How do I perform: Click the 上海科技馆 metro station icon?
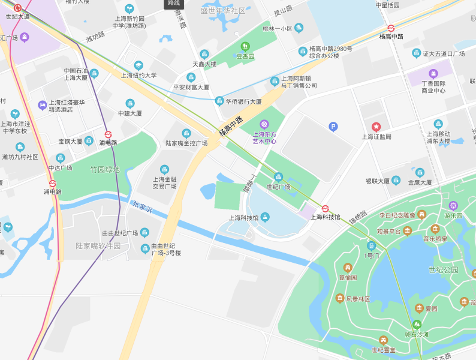click(x=326, y=208)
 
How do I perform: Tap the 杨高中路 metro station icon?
click(x=391, y=28)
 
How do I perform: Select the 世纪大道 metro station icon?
click(x=17, y=8)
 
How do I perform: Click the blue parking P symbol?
click(x=333, y=126)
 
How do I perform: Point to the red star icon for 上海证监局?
click(x=376, y=127)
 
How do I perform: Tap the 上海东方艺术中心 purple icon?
click(x=264, y=124)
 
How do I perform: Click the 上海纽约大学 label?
click(x=138, y=76)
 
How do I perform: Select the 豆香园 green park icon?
click(x=245, y=47)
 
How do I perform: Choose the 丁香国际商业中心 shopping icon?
click(x=433, y=73)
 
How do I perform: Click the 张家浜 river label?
click(x=143, y=208)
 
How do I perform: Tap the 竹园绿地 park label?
click(x=105, y=170)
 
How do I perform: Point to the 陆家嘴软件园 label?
click(x=98, y=246)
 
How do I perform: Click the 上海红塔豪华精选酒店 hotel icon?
click(x=42, y=105)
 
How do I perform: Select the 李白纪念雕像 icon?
click(x=422, y=214)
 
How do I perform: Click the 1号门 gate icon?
click(x=372, y=245)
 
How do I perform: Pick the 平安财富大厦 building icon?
click(x=191, y=77)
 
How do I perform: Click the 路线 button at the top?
click(x=173, y=4)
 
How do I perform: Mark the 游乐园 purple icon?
click(x=453, y=205)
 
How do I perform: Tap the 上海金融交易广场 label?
click(x=164, y=182)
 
